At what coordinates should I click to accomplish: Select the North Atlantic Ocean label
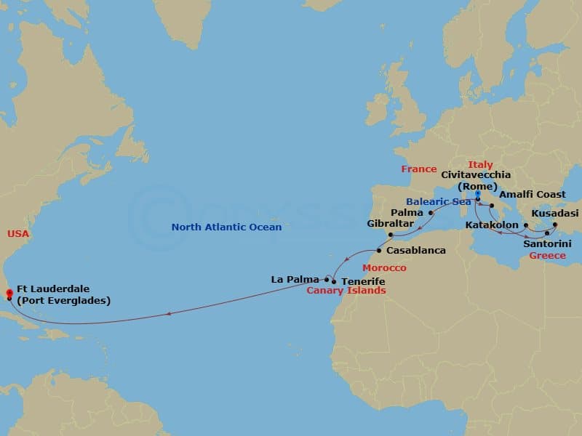point(226,227)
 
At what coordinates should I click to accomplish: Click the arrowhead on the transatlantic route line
point(169,314)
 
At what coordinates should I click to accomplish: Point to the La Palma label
point(294,278)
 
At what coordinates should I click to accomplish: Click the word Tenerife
point(363,281)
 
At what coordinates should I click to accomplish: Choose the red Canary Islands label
point(346,291)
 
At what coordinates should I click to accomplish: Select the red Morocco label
point(385,268)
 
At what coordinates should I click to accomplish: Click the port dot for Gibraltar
point(391,235)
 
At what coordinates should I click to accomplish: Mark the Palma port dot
point(431,213)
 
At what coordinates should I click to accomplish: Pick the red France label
point(419,169)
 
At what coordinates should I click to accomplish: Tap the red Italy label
point(480,165)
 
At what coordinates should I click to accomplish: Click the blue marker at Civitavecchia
point(477,194)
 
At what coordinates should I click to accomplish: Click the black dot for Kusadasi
point(554,225)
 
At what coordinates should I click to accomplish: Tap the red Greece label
point(547,256)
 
